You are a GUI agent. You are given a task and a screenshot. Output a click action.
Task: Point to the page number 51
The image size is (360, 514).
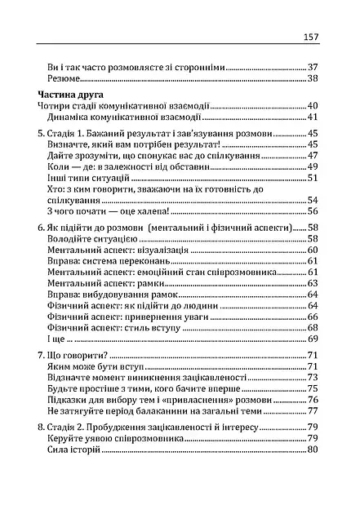[x=312, y=177]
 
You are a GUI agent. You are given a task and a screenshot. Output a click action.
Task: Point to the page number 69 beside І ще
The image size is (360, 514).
[x=312, y=359]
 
